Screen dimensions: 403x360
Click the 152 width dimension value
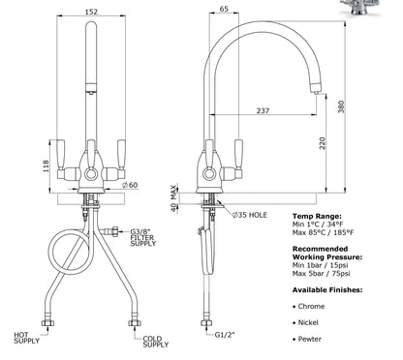(91, 12)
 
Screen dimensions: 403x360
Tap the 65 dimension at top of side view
(224, 9)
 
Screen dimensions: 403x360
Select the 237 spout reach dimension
(263, 110)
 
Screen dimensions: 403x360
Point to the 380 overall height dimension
(341, 106)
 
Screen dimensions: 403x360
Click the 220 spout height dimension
(323, 143)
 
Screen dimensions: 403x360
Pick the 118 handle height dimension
(46, 165)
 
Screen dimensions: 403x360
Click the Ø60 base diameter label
(130, 185)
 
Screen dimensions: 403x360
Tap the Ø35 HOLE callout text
(250, 215)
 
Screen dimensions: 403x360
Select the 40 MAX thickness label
(174, 198)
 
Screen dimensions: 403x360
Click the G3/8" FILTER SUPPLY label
(143, 237)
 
